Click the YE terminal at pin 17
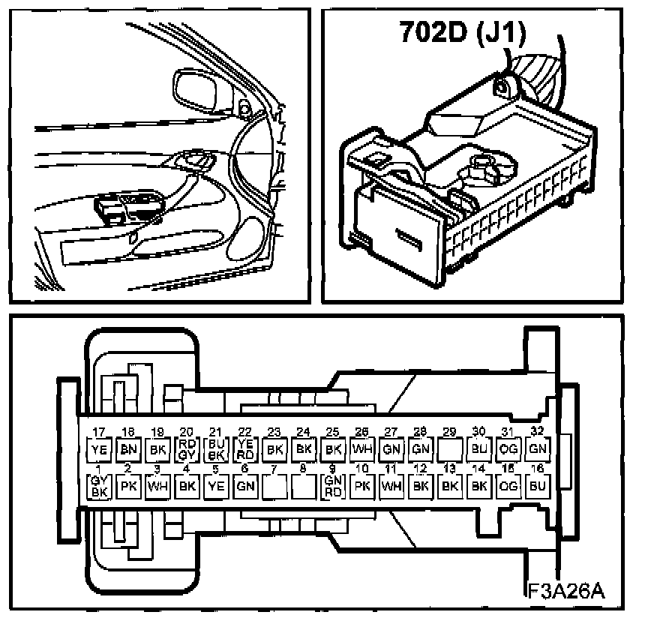pos(98,450)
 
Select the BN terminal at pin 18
pos(127,450)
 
